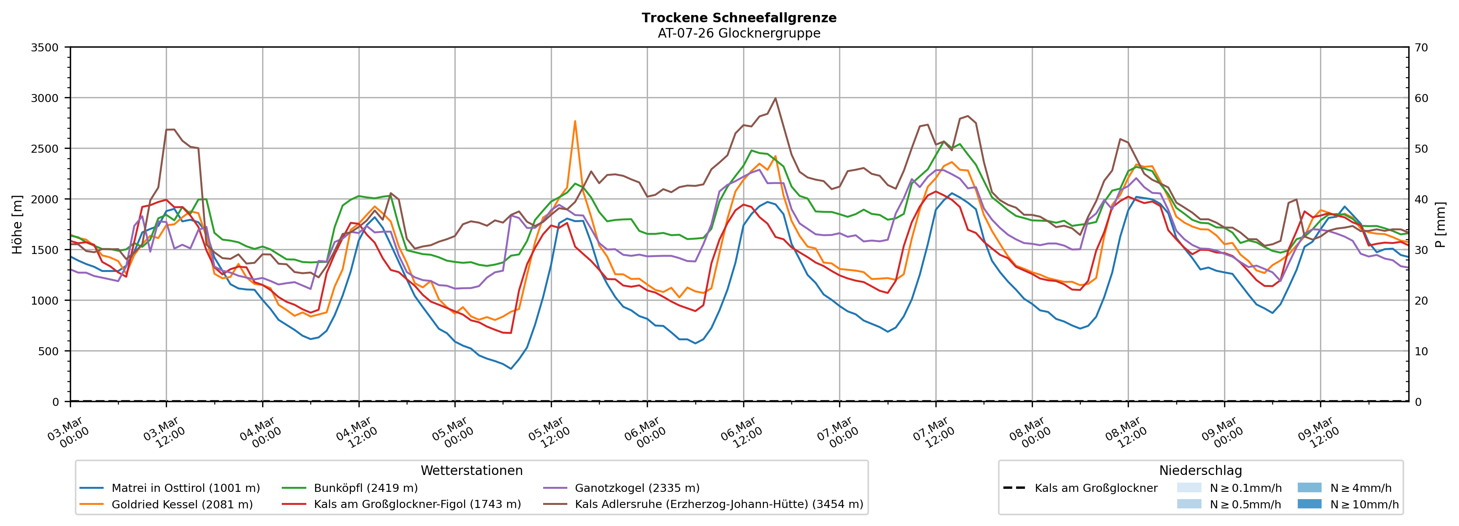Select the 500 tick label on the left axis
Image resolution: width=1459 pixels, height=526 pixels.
click(48, 351)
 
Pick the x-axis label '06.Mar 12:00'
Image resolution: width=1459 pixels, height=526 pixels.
click(742, 433)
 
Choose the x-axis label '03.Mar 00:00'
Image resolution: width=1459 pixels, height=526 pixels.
click(69, 433)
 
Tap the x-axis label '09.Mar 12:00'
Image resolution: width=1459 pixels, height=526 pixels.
click(1319, 433)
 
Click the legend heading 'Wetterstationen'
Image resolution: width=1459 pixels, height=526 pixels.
click(471, 470)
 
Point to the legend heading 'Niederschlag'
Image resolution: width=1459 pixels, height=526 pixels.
click(1200, 470)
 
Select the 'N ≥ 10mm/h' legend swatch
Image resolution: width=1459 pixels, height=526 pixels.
click(1309, 504)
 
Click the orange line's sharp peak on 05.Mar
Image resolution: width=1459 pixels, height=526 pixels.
click(575, 120)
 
